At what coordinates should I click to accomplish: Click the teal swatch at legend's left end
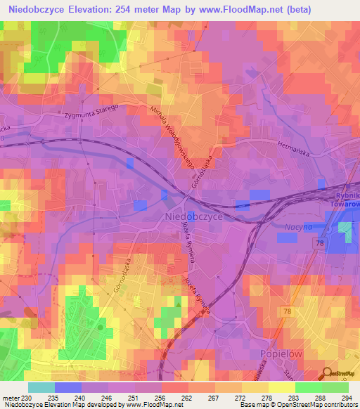[x=41, y=387]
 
